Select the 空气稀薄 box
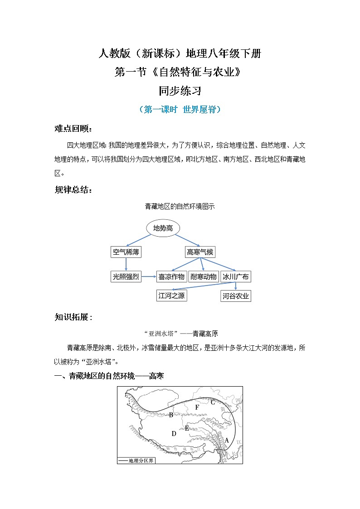coord(126,252)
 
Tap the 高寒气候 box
coord(200,252)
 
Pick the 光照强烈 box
coord(126,276)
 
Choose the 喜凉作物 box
coord(171,276)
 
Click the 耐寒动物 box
coord(203,276)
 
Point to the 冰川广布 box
coord(235,276)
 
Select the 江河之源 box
coord(172,296)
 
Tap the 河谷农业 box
coord(236,296)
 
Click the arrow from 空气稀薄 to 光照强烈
coord(126,264)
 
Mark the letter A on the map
coord(227,440)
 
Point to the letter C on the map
coord(212,402)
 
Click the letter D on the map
coord(174,434)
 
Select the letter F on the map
coord(197,407)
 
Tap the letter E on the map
coord(187,428)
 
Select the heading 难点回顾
coord(73,129)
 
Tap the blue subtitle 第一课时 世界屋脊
coord(180,110)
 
